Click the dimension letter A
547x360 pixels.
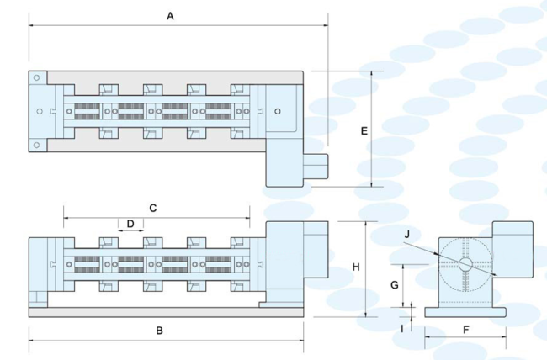(170, 15)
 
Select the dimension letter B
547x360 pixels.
(160, 330)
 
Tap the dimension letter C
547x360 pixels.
(153, 206)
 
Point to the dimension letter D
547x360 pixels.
(130, 224)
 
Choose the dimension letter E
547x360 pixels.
(364, 131)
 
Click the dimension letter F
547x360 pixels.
(465, 330)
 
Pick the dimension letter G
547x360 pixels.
(394, 284)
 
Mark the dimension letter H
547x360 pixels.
(356, 267)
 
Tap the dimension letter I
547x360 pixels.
(402, 329)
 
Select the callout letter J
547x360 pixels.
(406, 233)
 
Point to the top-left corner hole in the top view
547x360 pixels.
(37, 78)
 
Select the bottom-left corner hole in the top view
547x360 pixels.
(37, 146)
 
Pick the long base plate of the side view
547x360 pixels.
(166, 312)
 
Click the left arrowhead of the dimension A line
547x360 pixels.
(32, 26)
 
